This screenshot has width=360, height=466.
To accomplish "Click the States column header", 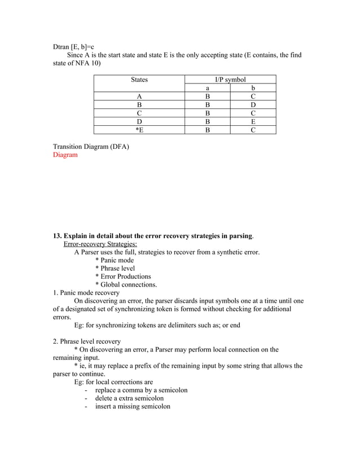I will coord(139,80).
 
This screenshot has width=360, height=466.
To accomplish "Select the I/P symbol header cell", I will coord(230,80).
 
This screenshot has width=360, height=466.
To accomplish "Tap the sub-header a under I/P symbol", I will coord(207,89).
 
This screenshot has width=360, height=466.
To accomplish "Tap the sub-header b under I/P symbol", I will coord(253,89).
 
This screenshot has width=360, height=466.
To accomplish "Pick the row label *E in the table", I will coord(139,130).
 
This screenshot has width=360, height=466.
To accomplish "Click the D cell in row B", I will coord(253,105).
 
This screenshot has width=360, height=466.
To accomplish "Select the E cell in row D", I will coord(253,121).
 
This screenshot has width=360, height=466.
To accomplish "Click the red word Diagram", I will coord(65,155).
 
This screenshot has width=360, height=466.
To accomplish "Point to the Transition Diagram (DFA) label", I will coord(91,147).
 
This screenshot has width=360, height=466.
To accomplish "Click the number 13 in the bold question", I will coord(56,236).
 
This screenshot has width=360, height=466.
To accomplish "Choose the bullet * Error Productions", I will coord(123,276).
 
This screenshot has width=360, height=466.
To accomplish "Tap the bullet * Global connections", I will coord(126,285).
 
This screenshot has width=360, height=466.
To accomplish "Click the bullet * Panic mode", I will coord(115,260).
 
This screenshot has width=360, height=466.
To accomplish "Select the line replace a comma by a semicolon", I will coord(141,390).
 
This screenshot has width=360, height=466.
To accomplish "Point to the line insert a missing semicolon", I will coord(133,406).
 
